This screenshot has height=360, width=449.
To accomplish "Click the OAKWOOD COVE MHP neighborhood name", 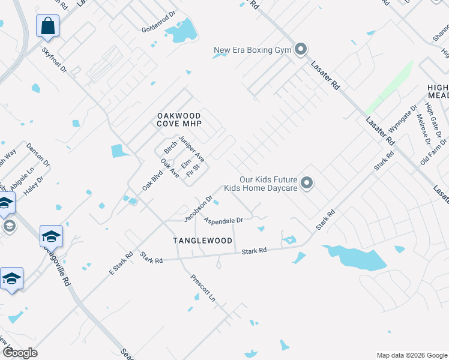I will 179,119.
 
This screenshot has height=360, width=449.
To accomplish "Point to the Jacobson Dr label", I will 198,208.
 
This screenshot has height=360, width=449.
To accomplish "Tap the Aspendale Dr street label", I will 223,221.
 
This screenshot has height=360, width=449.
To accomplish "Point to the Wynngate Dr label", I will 402,121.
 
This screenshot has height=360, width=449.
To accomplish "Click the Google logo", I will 19,353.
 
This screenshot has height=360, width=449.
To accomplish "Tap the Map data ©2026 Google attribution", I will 411,355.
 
